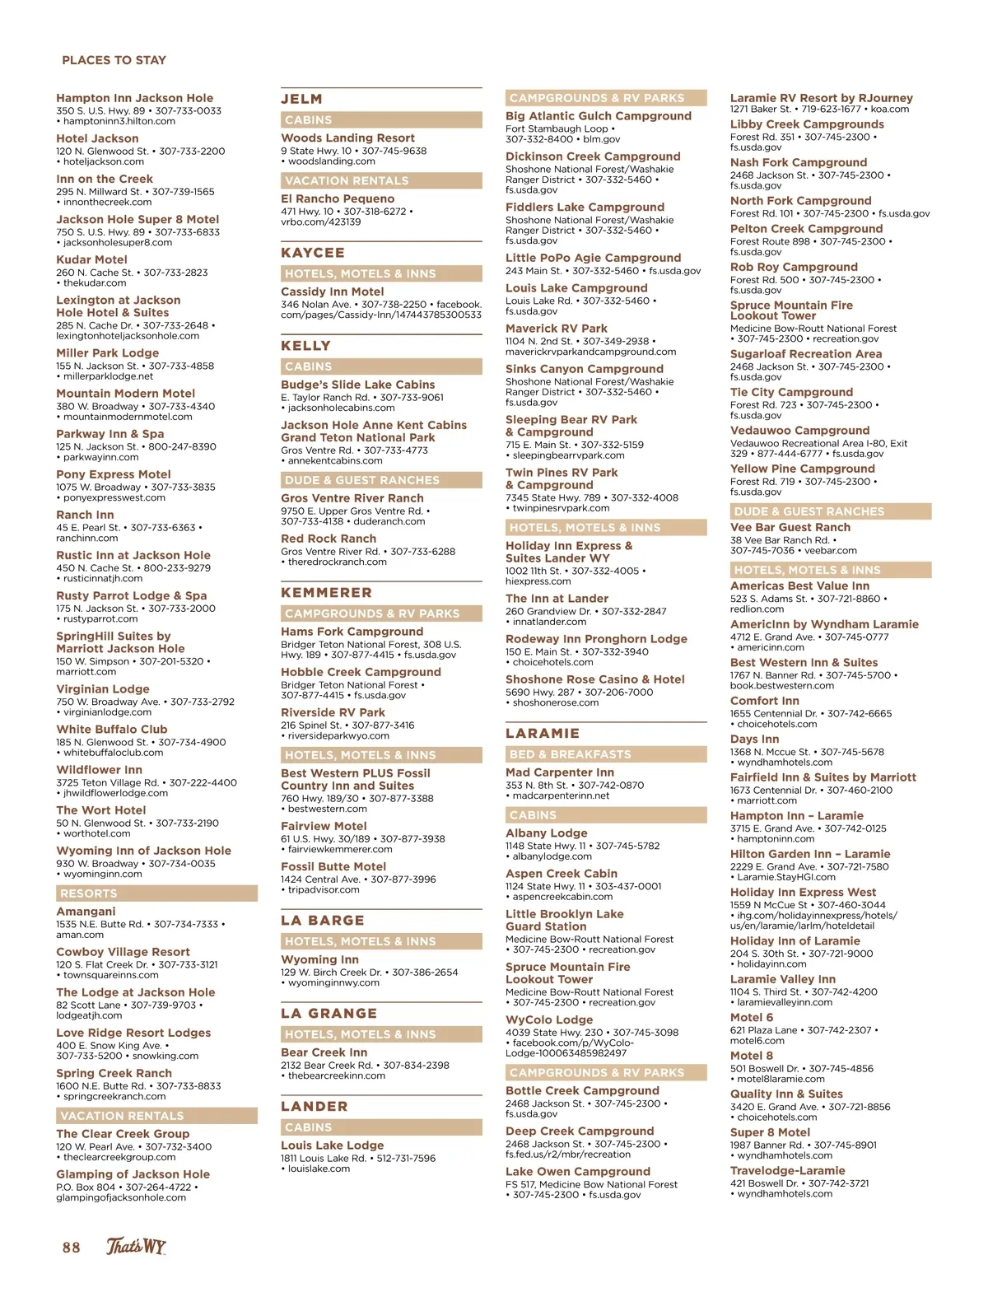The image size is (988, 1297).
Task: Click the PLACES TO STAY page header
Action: (x=114, y=60)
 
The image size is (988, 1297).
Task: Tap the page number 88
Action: (x=72, y=1248)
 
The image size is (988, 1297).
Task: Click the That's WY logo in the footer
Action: (x=136, y=1247)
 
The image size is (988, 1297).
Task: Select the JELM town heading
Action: (x=301, y=99)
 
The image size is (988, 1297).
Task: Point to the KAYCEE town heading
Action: (x=312, y=253)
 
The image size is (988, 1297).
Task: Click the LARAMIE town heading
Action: (x=542, y=733)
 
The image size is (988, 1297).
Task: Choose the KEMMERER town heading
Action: (x=326, y=592)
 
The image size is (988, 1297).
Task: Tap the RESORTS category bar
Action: (x=89, y=893)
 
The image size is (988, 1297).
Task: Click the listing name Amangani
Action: (x=86, y=912)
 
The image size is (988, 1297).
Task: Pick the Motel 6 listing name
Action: (x=751, y=1017)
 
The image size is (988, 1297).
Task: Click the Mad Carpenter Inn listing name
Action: (x=560, y=772)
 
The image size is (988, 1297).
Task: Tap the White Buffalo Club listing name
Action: (x=111, y=730)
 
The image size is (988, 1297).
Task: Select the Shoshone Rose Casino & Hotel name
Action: (x=594, y=679)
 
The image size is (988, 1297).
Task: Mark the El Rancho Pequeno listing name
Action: (x=338, y=198)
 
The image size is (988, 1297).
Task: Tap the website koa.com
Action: (x=890, y=109)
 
